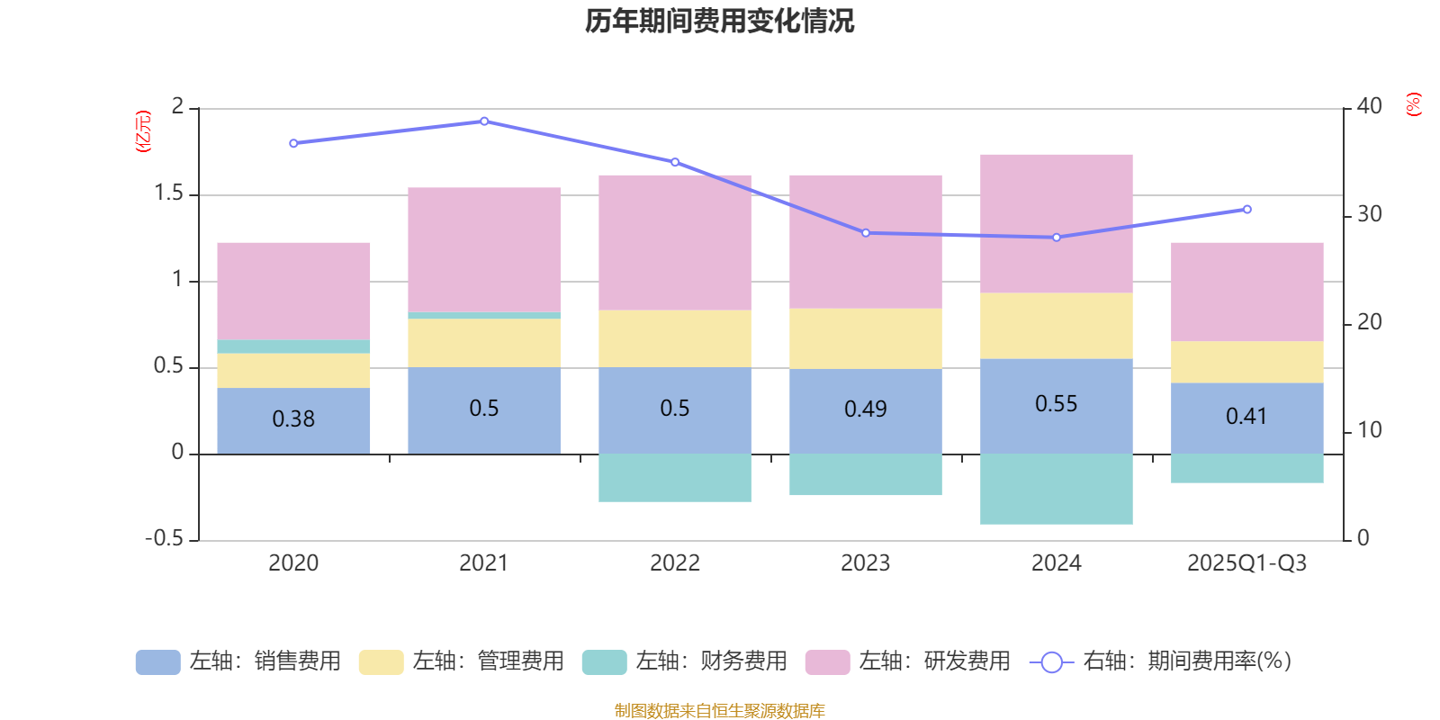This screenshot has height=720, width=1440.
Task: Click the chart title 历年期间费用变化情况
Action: (x=719, y=21)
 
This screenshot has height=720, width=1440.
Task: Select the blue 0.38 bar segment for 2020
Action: (x=293, y=419)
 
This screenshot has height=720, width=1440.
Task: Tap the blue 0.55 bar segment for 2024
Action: (x=1056, y=405)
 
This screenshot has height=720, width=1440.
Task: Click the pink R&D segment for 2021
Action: (x=484, y=249)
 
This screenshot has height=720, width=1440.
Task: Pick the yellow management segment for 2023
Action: (x=866, y=338)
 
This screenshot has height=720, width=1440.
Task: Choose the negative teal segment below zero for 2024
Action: (x=1056, y=489)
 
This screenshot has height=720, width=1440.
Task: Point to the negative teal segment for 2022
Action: (x=675, y=478)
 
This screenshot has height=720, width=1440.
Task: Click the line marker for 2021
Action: (x=484, y=121)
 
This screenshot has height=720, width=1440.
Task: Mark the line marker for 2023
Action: (x=866, y=233)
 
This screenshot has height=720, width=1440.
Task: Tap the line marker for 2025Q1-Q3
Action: (x=1246, y=210)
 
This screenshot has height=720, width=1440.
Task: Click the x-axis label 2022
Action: (x=675, y=563)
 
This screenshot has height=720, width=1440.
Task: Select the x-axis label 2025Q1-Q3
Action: (x=1246, y=563)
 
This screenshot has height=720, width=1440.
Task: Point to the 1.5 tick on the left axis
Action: (x=168, y=193)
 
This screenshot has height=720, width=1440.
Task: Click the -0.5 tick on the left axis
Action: (x=164, y=538)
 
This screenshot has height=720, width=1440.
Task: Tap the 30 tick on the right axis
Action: (x=1369, y=214)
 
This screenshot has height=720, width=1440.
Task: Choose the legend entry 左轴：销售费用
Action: (x=238, y=661)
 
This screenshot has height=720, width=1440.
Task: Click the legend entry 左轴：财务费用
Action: (x=685, y=661)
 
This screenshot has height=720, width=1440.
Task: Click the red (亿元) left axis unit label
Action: (x=142, y=131)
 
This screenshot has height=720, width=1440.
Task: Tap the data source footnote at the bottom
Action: (x=719, y=711)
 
